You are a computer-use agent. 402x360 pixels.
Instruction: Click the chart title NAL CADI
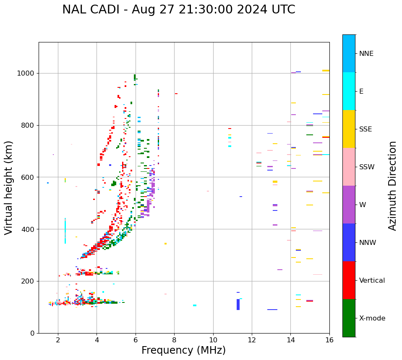pyautogui.click(x=178, y=10)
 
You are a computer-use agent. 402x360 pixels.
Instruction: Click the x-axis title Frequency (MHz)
pyautogui.click(x=183, y=350)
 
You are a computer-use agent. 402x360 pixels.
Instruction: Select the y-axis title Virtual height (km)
pyautogui.click(x=9, y=187)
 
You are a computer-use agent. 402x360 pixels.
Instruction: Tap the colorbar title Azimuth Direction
pyautogui.click(x=392, y=185)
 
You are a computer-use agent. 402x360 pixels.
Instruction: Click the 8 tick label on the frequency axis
pyautogui.click(x=174, y=339)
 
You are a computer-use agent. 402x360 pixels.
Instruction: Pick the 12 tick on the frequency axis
pyautogui.click(x=252, y=339)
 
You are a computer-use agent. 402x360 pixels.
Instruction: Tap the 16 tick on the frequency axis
pyautogui.click(x=329, y=339)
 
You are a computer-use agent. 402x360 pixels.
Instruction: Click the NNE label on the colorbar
pyautogui.click(x=366, y=54)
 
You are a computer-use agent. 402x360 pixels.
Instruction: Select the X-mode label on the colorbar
pyautogui.click(x=372, y=318)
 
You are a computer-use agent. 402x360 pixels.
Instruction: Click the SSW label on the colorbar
pyautogui.click(x=367, y=167)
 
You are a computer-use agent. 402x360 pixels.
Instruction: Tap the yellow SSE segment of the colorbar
pyautogui.click(x=349, y=129)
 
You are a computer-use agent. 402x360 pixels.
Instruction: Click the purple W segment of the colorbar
pyautogui.click(x=349, y=204)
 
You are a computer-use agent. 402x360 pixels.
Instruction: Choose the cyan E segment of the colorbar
pyautogui.click(x=349, y=91)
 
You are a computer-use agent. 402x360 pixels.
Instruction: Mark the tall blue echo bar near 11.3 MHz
pyautogui.click(x=238, y=305)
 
